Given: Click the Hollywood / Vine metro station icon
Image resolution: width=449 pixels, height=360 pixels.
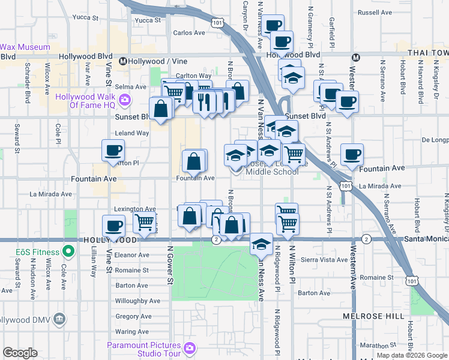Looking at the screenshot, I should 122,61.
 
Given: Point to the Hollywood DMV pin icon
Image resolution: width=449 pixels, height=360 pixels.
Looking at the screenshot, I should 59,318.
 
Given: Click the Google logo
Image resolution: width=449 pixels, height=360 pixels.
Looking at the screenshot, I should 20,352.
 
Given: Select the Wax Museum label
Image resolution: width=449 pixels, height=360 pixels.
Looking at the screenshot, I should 25,46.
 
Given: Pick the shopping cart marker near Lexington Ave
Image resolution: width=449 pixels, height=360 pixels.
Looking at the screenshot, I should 145,222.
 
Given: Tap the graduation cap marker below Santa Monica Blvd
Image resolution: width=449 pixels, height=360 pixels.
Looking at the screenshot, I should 261,244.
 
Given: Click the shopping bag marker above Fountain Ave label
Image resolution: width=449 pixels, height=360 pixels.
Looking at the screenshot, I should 194,161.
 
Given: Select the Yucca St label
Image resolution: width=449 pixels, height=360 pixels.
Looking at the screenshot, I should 148,20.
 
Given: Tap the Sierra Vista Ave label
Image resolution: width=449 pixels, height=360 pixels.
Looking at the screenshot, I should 324,260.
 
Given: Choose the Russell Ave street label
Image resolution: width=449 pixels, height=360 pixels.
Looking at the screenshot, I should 373,12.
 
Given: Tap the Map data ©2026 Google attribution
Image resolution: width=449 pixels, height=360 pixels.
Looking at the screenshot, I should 411,355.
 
